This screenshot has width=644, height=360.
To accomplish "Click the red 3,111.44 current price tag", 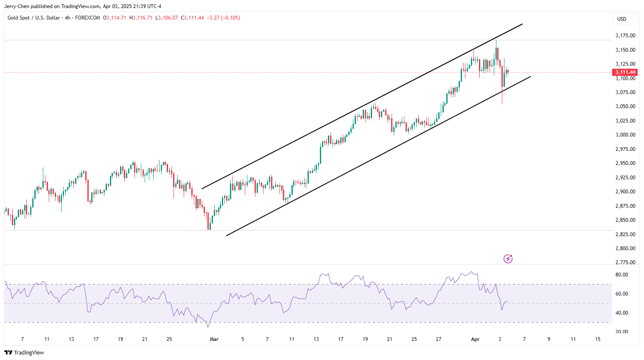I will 625,72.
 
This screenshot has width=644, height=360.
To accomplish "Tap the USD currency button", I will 622,19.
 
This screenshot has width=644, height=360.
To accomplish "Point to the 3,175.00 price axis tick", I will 625,36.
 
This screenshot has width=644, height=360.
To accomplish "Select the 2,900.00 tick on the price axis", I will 625,192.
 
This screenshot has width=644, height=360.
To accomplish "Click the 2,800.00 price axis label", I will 625,248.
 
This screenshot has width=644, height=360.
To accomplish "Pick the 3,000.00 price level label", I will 625,135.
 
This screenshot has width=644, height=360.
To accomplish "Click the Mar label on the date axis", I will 214,339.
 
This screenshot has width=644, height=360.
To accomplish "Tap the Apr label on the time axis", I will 475,339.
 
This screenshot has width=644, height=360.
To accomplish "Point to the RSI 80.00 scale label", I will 622,275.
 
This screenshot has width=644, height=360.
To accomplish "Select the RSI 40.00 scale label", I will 622,313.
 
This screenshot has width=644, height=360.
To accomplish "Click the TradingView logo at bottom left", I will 24,352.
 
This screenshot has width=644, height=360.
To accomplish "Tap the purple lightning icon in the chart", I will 508,259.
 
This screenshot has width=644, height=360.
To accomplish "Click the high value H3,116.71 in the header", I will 141,18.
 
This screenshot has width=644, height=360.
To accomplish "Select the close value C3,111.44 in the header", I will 192,18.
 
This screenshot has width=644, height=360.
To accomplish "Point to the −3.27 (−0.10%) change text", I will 223,18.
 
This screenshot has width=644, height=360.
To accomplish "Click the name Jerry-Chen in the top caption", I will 17,6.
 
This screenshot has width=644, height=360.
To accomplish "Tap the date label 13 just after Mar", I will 316,339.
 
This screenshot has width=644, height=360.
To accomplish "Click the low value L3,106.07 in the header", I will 166,18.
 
